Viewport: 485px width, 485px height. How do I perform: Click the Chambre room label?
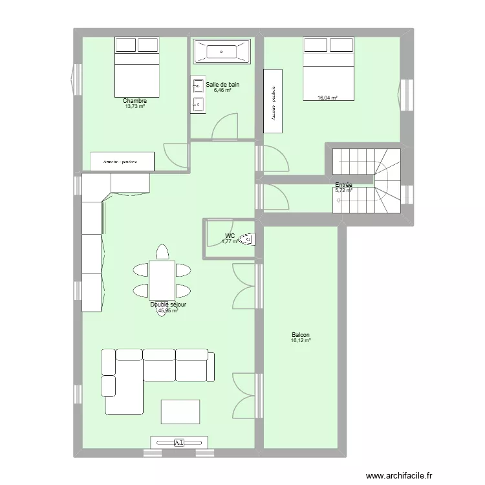(x=135, y=101)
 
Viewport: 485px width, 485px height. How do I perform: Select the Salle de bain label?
(x=222, y=84)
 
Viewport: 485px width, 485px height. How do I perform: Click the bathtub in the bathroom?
(x=221, y=51)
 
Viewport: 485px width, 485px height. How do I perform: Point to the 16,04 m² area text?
(x=327, y=98)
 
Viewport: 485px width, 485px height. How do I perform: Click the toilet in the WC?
(x=248, y=239)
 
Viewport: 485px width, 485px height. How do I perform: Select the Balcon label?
(x=301, y=335)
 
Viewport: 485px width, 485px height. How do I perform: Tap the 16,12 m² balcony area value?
(x=301, y=340)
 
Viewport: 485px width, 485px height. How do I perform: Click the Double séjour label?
(x=168, y=305)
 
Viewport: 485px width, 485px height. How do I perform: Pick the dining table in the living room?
(x=162, y=279)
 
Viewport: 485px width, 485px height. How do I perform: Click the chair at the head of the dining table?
(x=162, y=252)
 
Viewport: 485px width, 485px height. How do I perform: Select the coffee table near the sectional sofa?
(x=180, y=411)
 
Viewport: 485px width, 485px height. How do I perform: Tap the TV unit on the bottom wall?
(x=180, y=442)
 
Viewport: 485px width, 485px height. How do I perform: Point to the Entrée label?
(x=343, y=185)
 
